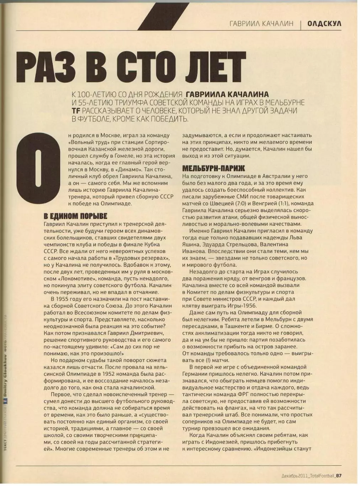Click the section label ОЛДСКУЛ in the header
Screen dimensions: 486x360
point(324,23)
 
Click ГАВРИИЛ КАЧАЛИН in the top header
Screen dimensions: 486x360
point(261,23)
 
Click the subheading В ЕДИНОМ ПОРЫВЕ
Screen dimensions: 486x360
point(75,216)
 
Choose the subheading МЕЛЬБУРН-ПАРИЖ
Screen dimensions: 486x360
point(213,168)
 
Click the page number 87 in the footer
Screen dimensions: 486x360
point(339,476)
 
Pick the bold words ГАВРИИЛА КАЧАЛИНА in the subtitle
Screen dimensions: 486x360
point(227,94)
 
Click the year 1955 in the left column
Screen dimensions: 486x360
point(65,299)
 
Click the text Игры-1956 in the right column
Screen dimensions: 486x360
point(243,306)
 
